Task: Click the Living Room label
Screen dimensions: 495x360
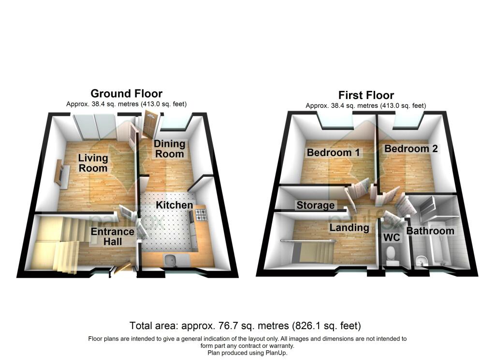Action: (93, 163)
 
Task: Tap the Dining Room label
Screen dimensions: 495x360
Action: (170, 149)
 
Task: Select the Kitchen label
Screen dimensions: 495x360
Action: (174, 205)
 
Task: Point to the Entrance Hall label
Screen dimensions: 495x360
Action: (113, 236)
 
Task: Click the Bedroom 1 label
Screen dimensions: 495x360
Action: (334, 152)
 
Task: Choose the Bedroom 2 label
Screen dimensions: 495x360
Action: (411, 149)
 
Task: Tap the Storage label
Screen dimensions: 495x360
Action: (315, 205)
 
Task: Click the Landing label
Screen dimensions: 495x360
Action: (349, 228)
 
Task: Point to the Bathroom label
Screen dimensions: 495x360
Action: (430, 230)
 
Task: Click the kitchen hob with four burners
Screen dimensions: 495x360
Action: (201, 215)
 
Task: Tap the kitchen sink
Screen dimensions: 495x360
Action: (173, 260)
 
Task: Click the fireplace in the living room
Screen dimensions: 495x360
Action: (61, 173)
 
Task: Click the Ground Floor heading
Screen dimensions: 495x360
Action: (127, 93)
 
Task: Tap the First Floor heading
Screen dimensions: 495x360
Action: (366, 95)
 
